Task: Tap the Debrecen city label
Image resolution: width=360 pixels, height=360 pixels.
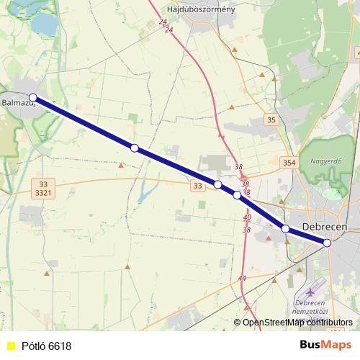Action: (325, 226)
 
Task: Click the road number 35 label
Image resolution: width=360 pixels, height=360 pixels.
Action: (271, 120)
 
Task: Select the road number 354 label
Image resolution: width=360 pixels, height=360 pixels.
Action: (289, 163)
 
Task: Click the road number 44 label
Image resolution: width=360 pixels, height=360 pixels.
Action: (241, 278)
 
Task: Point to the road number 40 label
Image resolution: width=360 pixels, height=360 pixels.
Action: (246, 217)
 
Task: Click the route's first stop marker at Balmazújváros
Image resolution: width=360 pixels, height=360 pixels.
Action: (32, 97)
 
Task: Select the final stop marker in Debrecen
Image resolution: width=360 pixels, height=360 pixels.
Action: (327, 243)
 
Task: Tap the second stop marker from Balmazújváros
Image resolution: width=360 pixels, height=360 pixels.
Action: (134, 148)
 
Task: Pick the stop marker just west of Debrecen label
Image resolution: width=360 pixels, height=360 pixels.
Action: (285, 228)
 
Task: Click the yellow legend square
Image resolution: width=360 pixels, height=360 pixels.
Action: (10, 346)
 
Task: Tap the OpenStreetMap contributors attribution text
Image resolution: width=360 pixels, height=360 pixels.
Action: (297, 322)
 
